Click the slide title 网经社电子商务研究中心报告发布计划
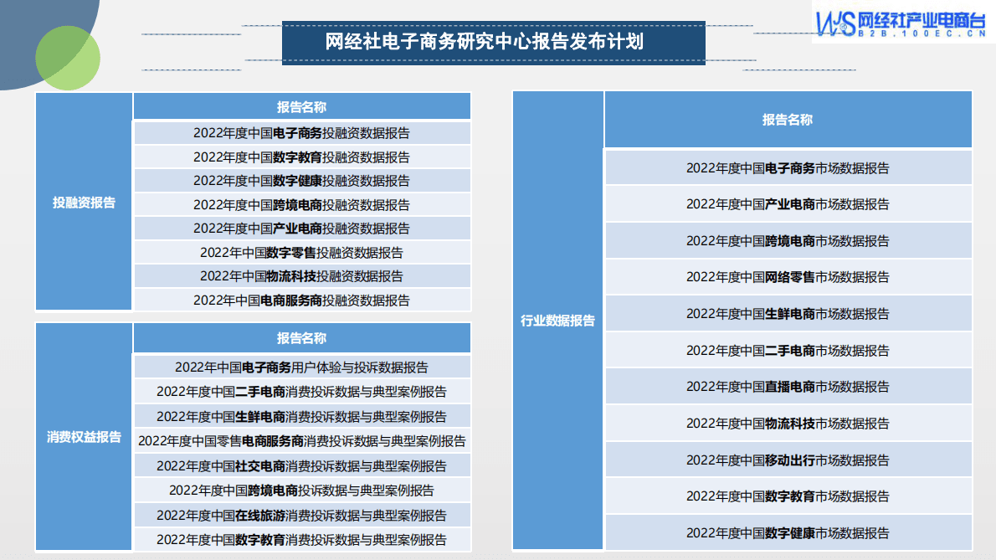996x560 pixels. tap(485, 42)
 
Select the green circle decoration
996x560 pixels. tap(68, 58)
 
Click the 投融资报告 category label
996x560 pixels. tap(84, 203)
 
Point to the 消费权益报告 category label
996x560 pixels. tap(84, 437)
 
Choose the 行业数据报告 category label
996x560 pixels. tap(557, 321)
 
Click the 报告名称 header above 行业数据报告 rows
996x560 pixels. tap(787, 120)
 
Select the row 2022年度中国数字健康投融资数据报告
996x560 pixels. tap(301, 181)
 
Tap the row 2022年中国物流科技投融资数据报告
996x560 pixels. tap(301, 276)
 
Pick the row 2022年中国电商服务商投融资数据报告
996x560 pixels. tap(301, 301)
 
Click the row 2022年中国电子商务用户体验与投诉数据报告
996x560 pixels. tap(301, 367)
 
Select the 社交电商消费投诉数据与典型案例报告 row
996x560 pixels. tap(301, 466)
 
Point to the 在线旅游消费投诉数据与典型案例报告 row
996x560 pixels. tap(301, 516)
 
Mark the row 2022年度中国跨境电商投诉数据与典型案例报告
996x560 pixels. tap(301, 491)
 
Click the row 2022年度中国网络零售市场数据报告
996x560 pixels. tap(788, 277)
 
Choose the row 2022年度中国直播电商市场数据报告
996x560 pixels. tap(788, 387)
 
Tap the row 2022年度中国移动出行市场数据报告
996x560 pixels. tap(788, 460)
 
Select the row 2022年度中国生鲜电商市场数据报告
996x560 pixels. tap(788, 314)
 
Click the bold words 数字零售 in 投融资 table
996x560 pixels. tap(291, 253)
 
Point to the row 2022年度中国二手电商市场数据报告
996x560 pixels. tap(788, 351)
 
